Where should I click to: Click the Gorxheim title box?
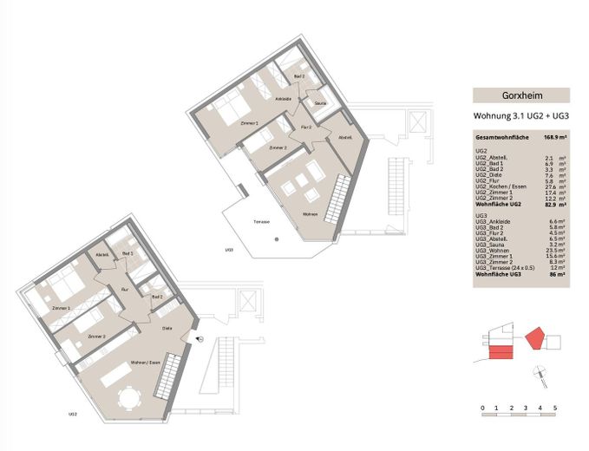click(520, 96)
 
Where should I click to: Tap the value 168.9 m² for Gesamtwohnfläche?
click(555, 137)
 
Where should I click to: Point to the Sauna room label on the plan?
click(320, 104)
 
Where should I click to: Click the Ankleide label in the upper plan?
click(283, 100)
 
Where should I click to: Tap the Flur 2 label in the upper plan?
click(305, 127)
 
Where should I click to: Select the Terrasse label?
click(261, 221)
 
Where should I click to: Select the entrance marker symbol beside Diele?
click(200, 339)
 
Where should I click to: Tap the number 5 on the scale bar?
click(554, 407)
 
